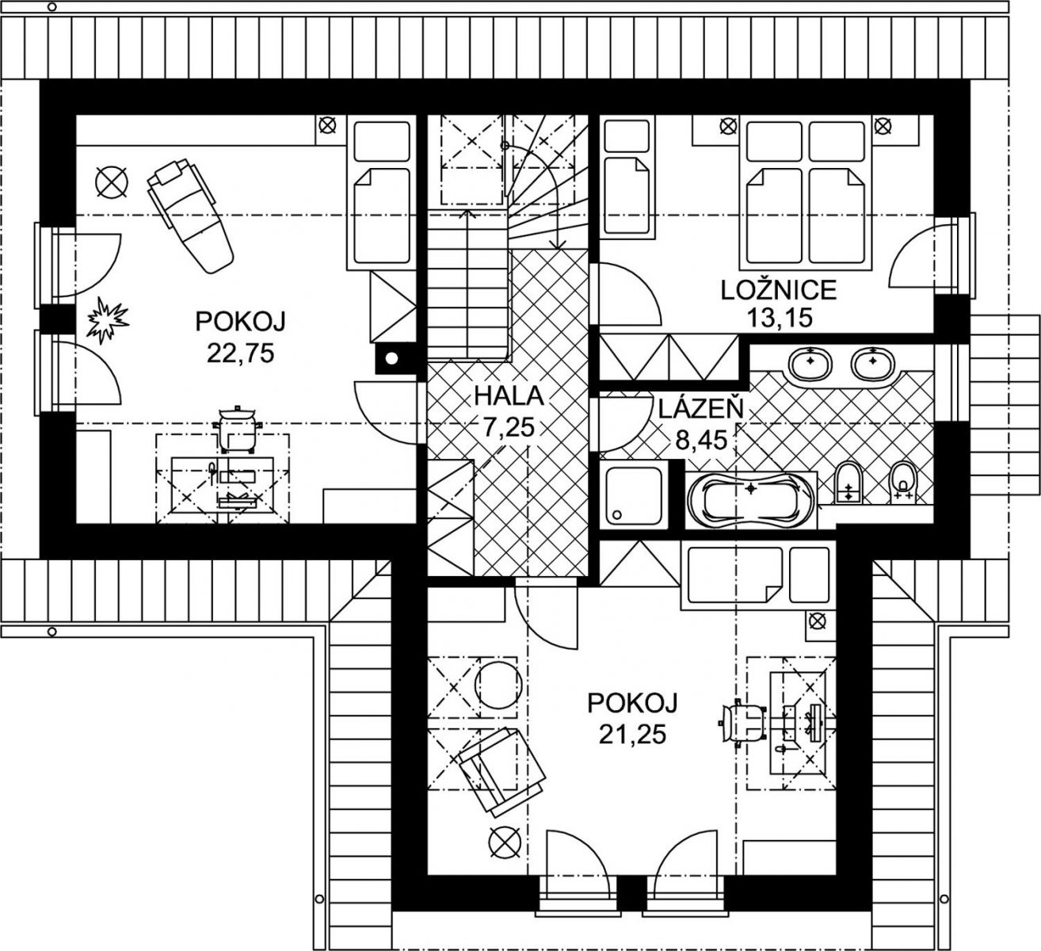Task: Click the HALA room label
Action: click(509, 396)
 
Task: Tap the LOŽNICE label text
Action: click(779, 290)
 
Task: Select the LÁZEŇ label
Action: click(701, 408)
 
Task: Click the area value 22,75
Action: click(240, 353)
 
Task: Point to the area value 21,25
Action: click(632, 735)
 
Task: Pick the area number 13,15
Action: click(779, 317)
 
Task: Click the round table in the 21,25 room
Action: click(498, 685)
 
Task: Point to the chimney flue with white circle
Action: click(392, 358)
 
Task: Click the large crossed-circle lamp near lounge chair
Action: click(112, 183)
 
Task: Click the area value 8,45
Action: click(700, 440)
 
